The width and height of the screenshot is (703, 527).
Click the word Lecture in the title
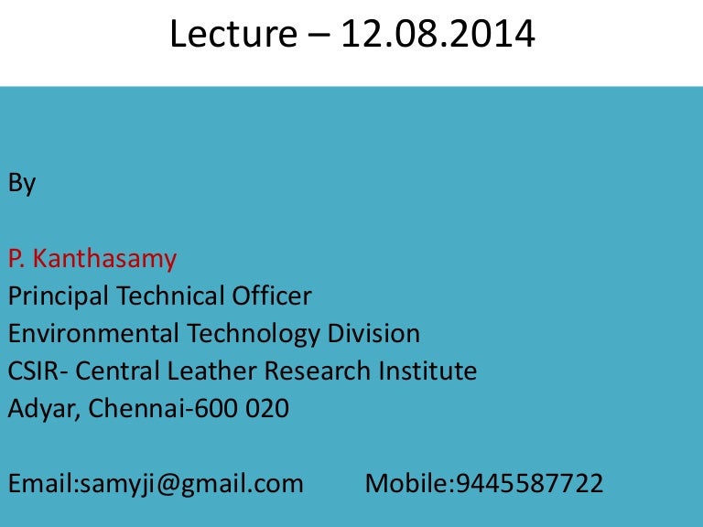[233, 34]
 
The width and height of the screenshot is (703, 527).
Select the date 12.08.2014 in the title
[438, 34]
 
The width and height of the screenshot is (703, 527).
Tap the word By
[22, 184]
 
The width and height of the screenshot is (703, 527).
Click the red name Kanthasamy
[105, 259]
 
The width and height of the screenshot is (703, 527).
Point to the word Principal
[59, 296]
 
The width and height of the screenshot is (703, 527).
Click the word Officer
[272, 296]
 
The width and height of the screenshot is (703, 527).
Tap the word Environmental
[93, 333]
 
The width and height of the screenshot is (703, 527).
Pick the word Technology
[254, 334]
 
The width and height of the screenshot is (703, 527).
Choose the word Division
[373, 333]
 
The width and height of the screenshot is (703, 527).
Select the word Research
[318, 371]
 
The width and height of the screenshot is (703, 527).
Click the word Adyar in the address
[42, 409]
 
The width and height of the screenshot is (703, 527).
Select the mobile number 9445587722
[529, 483]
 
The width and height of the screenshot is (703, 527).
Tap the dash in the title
[319, 35]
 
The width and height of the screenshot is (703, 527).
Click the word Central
[117, 371]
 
